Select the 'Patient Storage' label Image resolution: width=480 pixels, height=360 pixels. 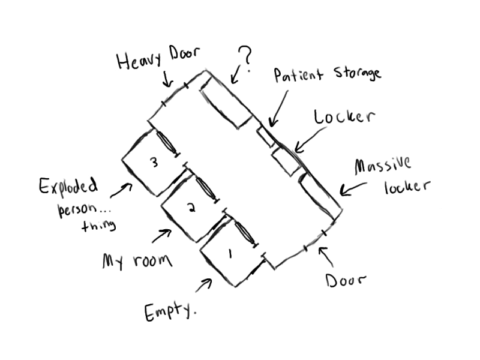click(x=327, y=74)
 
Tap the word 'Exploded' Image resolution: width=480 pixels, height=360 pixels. click(x=68, y=187)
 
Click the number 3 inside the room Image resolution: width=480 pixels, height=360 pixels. click(x=154, y=162)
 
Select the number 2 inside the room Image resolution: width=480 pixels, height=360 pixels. click(x=191, y=208)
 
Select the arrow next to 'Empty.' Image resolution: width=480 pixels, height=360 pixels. click(x=205, y=284)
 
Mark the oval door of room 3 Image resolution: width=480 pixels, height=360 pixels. click(x=167, y=143)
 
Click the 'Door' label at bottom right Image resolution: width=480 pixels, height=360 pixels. click(x=346, y=280)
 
